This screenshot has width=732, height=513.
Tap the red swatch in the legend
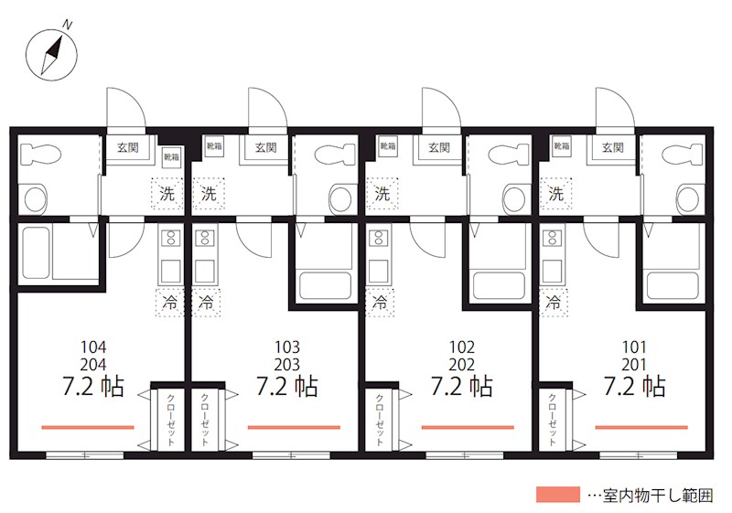(x=558, y=495)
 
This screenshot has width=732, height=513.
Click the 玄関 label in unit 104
(x=127, y=148)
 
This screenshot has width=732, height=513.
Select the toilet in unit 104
(x=40, y=153)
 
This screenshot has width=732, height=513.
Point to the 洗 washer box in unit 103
(x=210, y=193)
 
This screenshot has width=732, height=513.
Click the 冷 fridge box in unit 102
(x=380, y=302)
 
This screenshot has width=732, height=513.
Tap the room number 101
(x=634, y=347)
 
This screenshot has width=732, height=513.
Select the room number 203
(x=287, y=365)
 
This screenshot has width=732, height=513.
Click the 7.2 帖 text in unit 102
(x=461, y=386)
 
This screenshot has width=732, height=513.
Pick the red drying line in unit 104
(x=88, y=427)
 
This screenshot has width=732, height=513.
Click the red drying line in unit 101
(x=641, y=427)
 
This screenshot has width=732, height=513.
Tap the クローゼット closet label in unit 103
(x=204, y=419)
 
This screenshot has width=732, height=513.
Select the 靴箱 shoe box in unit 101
(x=562, y=146)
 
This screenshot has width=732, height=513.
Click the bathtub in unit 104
(x=36, y=252)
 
